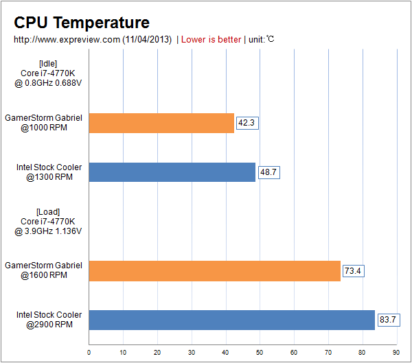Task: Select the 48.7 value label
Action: pos(268,172)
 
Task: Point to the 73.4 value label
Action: pos(353,271)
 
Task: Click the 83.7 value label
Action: pos(388,320)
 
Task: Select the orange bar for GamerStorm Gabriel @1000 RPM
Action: pos(161,123)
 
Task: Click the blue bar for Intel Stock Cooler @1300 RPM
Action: pos(172,172)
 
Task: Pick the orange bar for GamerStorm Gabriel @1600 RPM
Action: pos(214,271)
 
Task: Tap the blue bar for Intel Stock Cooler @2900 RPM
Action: pos(231,320)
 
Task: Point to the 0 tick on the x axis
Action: pos(89,353)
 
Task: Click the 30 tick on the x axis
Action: pos(192,353)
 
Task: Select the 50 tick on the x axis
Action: pos(260,353)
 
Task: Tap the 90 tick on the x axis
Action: pos(396,353)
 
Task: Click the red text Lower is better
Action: pos(211,39)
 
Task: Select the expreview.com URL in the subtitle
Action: pos(67,39)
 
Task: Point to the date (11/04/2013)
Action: pos(147,39)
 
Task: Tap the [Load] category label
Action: pos(48,211)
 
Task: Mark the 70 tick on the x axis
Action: pos(328,353)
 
